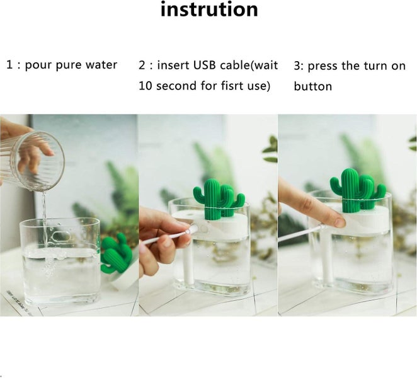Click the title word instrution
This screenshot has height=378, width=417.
tap(208, 10)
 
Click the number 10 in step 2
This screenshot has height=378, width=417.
tap(146, 86)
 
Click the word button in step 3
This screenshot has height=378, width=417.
tap(312, 86)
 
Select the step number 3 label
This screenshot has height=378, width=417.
tap(299, 66)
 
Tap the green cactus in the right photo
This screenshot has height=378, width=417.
tap(356, 189)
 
